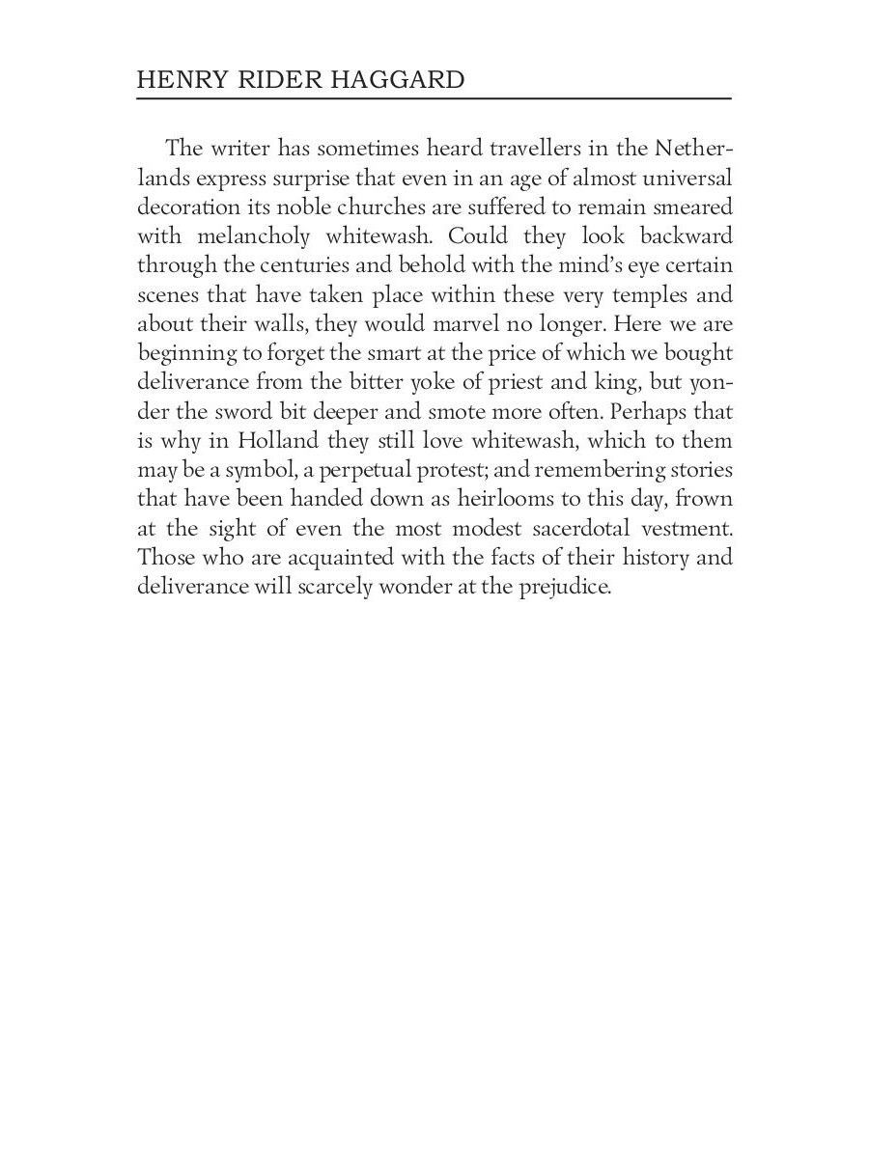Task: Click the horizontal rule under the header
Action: [434, 99]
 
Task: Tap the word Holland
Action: [273, 441]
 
